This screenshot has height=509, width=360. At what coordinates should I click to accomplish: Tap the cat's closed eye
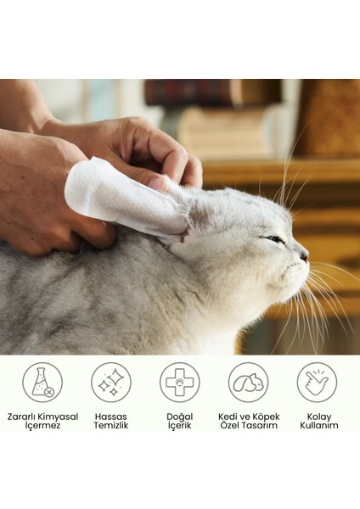273,240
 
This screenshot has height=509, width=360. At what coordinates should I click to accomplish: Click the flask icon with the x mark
42,383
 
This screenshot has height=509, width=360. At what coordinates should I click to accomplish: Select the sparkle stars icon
111,383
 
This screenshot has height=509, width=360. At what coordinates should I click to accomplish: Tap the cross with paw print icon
180,383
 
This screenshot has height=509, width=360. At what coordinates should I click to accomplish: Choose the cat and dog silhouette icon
248,383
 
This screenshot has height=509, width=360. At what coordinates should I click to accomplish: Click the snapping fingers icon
317,383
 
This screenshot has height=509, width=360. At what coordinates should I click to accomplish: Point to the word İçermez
42,426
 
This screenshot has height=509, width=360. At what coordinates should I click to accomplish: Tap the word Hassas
111,417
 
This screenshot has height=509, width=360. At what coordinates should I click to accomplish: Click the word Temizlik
111,426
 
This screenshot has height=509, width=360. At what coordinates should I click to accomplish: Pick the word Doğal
180,417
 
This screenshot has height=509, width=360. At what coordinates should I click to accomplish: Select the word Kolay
317,417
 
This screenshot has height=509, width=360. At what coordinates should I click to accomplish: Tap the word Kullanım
317,426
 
